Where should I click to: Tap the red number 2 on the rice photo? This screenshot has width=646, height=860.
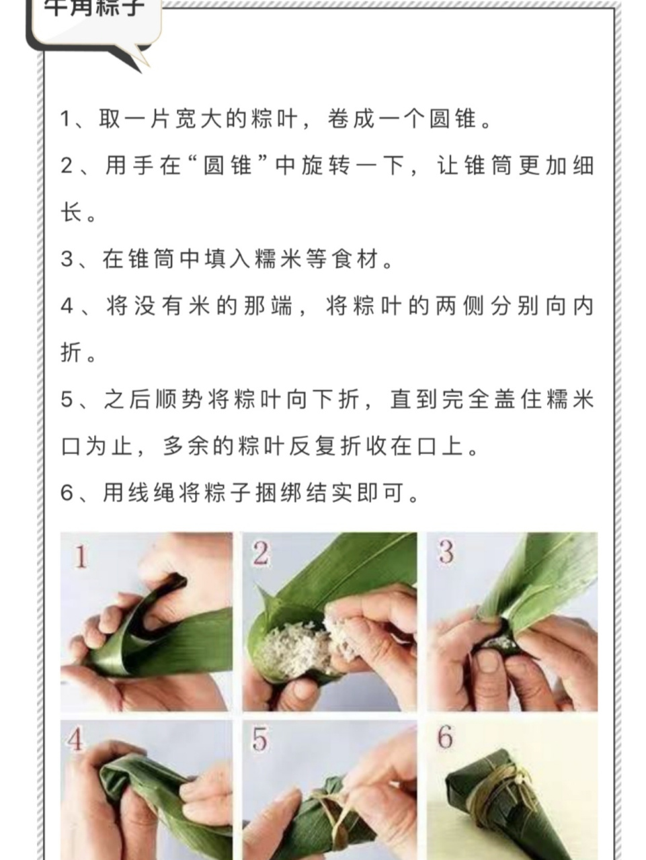pos(261,553)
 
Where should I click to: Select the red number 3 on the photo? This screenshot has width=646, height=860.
pos(446,552)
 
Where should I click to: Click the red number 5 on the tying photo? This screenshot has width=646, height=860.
pos(260,738)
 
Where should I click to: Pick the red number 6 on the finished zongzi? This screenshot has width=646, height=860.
pos(445,737)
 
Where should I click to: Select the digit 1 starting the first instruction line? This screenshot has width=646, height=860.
pos(66,120)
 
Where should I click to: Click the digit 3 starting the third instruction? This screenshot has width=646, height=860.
pos(66,259)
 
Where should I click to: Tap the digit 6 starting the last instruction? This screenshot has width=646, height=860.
pos(66,494)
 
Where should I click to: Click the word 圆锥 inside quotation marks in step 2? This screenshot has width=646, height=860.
pos(229,166)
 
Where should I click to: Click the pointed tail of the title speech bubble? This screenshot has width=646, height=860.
pos(138,62)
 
